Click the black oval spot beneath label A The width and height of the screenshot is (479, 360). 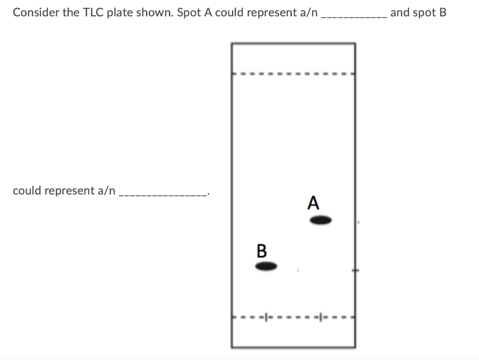click(x=321, y=220)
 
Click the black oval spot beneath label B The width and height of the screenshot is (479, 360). click(x=267, y=266)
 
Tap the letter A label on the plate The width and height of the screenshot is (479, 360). click(x=313, y=203)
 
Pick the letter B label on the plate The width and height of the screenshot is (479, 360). click(x=261, y=251)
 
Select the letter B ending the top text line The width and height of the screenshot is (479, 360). click(x=443, y=13)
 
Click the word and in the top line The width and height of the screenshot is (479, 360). click(x=399, y=13)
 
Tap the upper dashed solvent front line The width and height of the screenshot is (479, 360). click(x=293, y=73)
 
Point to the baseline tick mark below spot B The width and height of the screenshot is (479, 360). click(x=267, y=317)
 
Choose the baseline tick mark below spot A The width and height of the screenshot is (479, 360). click(x=321, y=317)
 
